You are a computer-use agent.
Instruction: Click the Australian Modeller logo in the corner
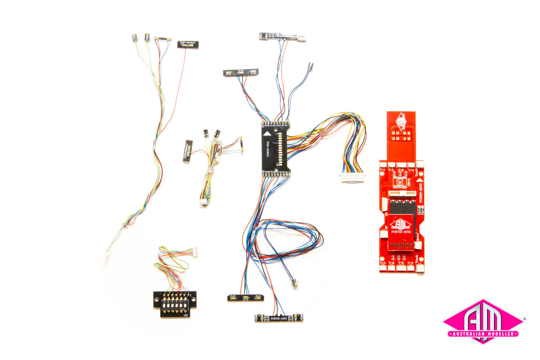pyautogui.click(x=483, y=322)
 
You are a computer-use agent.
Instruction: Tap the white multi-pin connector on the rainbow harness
pyautogui.click(x=352, y=177)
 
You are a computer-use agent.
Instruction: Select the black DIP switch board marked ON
pyautogui.click(x=175, y=304)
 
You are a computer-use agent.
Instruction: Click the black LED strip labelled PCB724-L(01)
pyautogui.click(x=278, y=318)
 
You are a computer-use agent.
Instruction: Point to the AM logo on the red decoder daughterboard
pyautogui.click(x=401, y=224)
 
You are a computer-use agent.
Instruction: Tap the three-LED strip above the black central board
pyautogui.click(x=241, y=72)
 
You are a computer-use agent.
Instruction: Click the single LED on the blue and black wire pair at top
pyautogui.click(x=310, y=67)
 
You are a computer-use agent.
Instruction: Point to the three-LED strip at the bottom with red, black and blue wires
pyautogui.click(x=246, y=298)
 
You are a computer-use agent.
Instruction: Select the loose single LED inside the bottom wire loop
pyautogui.click(x=295, y=283)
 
